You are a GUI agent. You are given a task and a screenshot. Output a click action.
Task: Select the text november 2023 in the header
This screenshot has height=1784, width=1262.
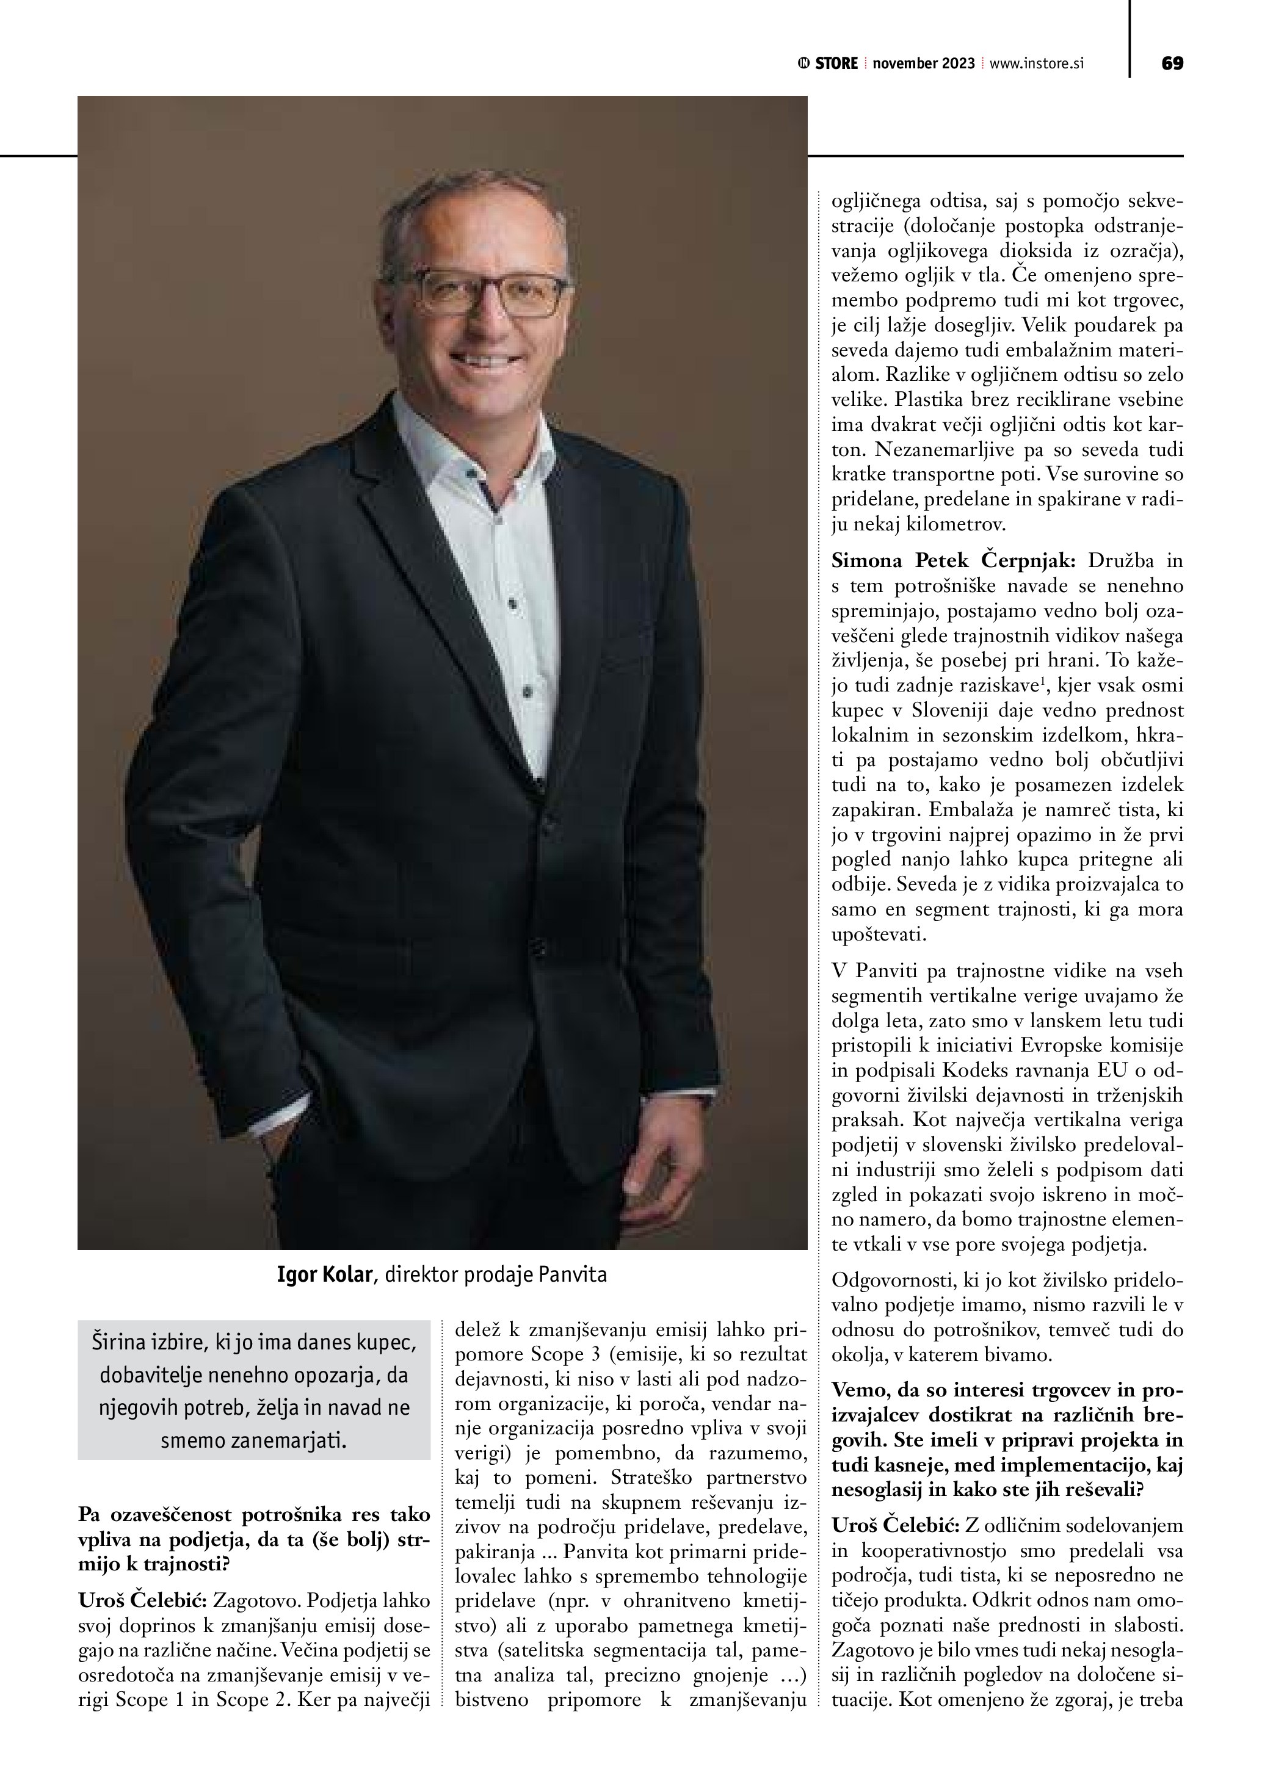[x=923, y=63]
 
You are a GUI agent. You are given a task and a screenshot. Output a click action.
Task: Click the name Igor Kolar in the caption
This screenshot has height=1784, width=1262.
[x=324, y=1275]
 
